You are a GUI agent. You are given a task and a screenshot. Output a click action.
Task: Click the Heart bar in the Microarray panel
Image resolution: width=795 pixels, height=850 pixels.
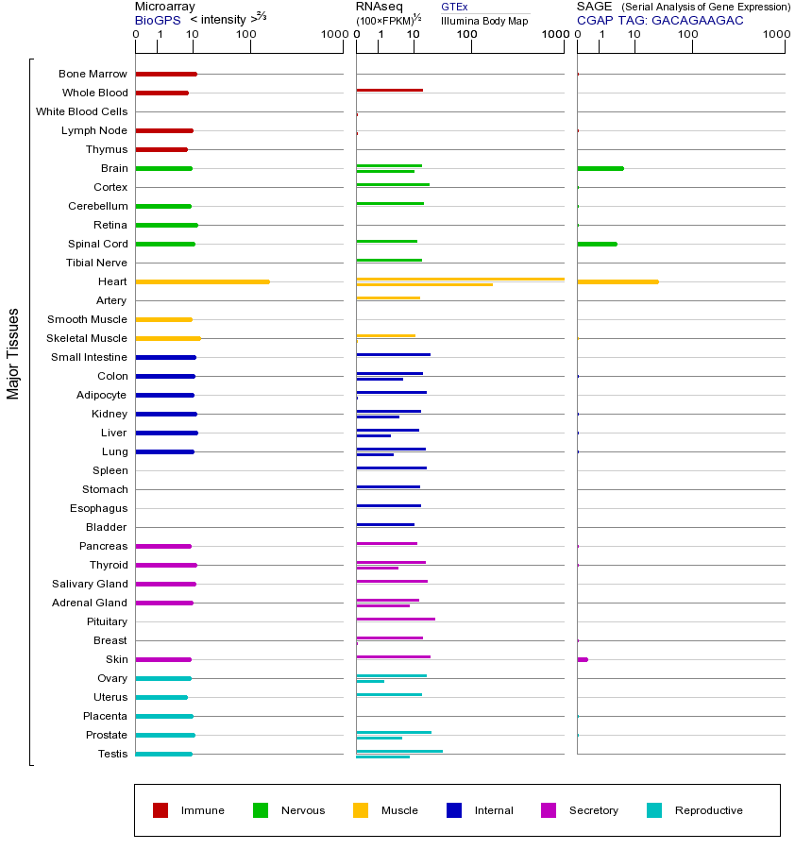point(202,281)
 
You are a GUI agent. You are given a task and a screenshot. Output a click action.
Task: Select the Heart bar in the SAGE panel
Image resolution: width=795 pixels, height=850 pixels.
point(617,281)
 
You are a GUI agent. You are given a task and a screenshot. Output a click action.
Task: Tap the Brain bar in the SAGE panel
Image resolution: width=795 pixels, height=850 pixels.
point(600,168)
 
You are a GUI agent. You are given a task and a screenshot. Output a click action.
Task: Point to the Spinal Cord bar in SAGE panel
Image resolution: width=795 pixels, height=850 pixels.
point(597,244)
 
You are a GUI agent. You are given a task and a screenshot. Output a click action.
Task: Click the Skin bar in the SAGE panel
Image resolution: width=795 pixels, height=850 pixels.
point(583,659)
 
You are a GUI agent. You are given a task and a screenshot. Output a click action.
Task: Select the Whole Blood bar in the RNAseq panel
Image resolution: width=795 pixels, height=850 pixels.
point(389,90)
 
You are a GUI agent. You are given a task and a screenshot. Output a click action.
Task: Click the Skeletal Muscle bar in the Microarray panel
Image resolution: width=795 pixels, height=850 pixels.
point(168,338)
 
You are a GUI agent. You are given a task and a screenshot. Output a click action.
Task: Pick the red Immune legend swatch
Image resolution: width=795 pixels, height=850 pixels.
point(161,810)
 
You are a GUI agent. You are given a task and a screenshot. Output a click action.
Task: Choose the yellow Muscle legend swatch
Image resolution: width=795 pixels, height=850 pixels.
point(361,810)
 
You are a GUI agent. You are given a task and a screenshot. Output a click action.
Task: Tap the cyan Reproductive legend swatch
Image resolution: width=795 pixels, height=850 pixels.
point(654,810)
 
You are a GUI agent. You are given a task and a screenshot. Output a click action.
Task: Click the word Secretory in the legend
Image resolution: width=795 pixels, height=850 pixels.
point(594,810)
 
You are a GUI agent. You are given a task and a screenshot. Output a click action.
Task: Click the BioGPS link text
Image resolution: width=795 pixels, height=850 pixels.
point(156,19)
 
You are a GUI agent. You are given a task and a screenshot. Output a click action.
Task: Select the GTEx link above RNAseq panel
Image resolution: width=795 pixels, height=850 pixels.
point(454,7)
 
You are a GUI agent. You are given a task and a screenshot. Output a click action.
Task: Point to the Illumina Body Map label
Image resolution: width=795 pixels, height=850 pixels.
point(484,20)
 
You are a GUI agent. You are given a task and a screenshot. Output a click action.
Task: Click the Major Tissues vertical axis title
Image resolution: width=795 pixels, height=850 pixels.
point(13,353)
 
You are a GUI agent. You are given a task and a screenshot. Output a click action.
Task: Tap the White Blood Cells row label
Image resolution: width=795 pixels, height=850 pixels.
point(81,111)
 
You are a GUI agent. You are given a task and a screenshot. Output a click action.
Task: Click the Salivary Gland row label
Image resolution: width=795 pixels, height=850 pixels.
point(90,584)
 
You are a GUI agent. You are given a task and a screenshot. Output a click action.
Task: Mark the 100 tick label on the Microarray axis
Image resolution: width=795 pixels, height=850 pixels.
point(245,35)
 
